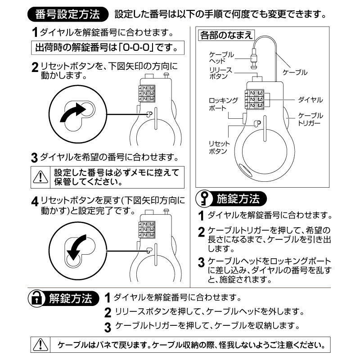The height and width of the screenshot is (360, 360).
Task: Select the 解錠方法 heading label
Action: (x=72, y=298)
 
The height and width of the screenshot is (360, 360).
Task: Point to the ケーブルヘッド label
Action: (x=221, y=57)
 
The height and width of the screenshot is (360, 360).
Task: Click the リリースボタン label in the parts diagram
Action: (x=220, y=73)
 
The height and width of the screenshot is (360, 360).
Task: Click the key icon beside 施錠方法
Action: (x=205, y=198)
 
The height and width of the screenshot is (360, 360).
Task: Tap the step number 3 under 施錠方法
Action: (x=201, y=262)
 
